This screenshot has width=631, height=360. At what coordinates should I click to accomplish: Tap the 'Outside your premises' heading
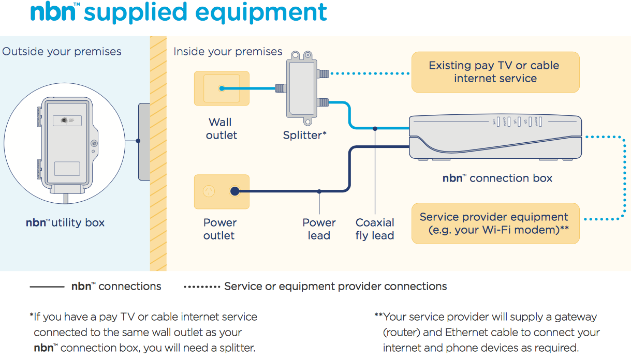pyautogui.click(x=62, y=52)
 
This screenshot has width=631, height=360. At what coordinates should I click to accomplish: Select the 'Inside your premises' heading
pyautogui.click(x=228, y=52)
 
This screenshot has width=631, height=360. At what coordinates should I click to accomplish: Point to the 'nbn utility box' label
pyautogui.click(x=65, y=223)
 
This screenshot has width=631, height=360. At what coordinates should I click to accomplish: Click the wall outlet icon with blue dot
pyautogui.click(x=222, y=88)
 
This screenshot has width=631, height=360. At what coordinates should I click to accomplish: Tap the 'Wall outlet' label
pyautogui.click(x=221, y=129)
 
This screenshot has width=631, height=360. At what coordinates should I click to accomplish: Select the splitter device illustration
pyautogui.click(x=304, y=88)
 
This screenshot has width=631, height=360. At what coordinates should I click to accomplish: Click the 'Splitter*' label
pyautogui.click(x=304, y=136)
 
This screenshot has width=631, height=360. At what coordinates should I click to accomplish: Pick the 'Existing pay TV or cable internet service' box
pyautogui.click(x=495, y=72)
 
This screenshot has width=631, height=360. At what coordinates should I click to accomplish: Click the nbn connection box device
pyautogui.click(x=496, y=137)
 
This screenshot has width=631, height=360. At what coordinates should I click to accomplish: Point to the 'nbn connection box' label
pyautogui.click(x=497, y=178)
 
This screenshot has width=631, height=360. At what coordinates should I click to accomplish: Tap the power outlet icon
pyautogui.click(x=222, y=192)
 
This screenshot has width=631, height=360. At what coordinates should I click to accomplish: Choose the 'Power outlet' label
pyautogui.click(x=219, y=229)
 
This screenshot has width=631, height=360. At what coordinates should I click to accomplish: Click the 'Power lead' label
pyautogui.click(x=319, y=229)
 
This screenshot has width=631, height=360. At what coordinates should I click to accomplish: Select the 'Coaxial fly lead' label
pyautogui.click(x=375, y=229)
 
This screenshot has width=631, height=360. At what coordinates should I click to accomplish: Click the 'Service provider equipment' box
pyautogui.click(x=495, y=223)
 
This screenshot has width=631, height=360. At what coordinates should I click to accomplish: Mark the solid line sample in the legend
pyautogui.click(x=47, y=287)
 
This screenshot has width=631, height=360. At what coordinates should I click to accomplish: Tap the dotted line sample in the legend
pyautogui.click(x=202, y=287)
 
